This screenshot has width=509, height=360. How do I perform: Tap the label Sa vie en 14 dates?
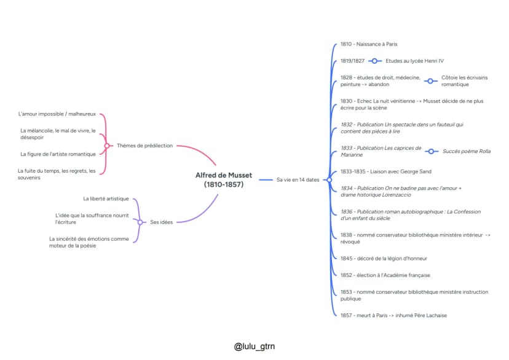[x=298, y=179]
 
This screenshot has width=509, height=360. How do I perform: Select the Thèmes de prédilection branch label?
[x=145, y=146]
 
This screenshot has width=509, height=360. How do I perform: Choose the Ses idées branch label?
[x=161, y=222]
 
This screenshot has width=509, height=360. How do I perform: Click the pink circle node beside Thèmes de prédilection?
[x=107, y=146]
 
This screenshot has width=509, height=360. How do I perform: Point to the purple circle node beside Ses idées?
[x=140, y=222]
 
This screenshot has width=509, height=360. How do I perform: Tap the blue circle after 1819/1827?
[x=374, y=61]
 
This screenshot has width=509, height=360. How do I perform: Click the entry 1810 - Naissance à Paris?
[x=369, y=44]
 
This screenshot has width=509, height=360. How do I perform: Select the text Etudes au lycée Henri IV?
[x=414, y=61]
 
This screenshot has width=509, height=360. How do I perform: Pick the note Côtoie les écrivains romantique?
[x=465, y=80]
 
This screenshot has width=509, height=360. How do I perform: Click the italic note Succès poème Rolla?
[x=467, y=151]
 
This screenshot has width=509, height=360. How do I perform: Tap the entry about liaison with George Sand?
[x=386, y=171]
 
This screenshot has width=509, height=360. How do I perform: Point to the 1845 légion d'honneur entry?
[x=384, y=259]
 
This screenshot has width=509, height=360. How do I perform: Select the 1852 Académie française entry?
[x=385, y=275]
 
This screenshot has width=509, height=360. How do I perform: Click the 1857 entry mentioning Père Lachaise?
[x=394, y=315]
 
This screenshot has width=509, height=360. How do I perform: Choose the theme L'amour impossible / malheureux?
[x=57, y=114]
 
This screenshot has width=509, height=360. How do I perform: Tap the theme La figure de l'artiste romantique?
[x=58, y=154]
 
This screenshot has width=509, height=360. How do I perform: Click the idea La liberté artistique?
[x=106, y=198]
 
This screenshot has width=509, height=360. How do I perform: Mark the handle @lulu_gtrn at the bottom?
[x=254, y=346]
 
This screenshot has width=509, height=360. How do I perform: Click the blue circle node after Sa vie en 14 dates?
[x=329, y=179]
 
